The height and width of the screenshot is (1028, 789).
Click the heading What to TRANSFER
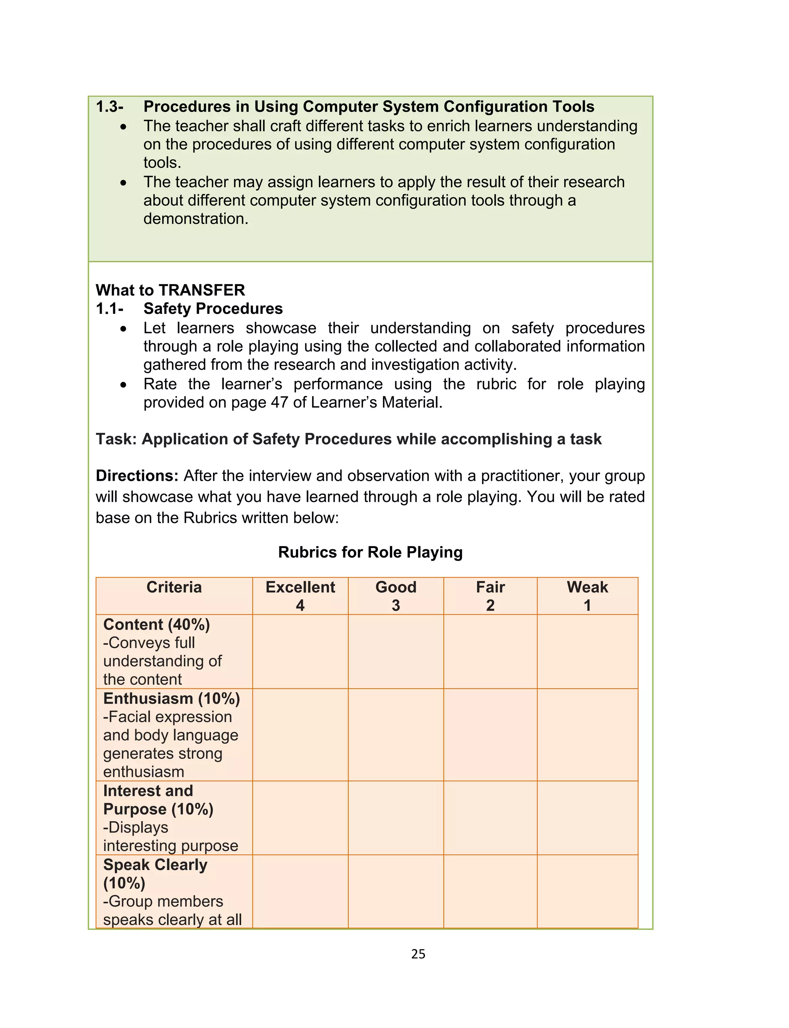click(170, 290)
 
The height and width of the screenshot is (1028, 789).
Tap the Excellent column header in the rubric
click(300, 587)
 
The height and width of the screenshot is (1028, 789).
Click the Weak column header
click(587, 587)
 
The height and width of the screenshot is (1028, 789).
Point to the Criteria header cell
click(174, 587)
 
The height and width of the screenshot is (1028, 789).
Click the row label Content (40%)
click(156, 625)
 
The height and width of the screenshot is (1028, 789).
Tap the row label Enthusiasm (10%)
click(171, 699)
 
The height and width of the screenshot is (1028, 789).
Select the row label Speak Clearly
click(155, 865)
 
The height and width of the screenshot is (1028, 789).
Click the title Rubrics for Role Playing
click(370, 552)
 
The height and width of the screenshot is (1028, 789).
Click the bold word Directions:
click(137, 476)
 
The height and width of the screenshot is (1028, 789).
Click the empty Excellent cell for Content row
click(300, 652)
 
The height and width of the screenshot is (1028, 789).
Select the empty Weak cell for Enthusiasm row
click(587, 735)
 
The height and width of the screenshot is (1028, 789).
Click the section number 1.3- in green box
click(109, 107)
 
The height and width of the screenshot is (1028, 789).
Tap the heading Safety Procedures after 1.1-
click(213, 309)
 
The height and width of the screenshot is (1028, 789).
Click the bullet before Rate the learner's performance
click(123, 385)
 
